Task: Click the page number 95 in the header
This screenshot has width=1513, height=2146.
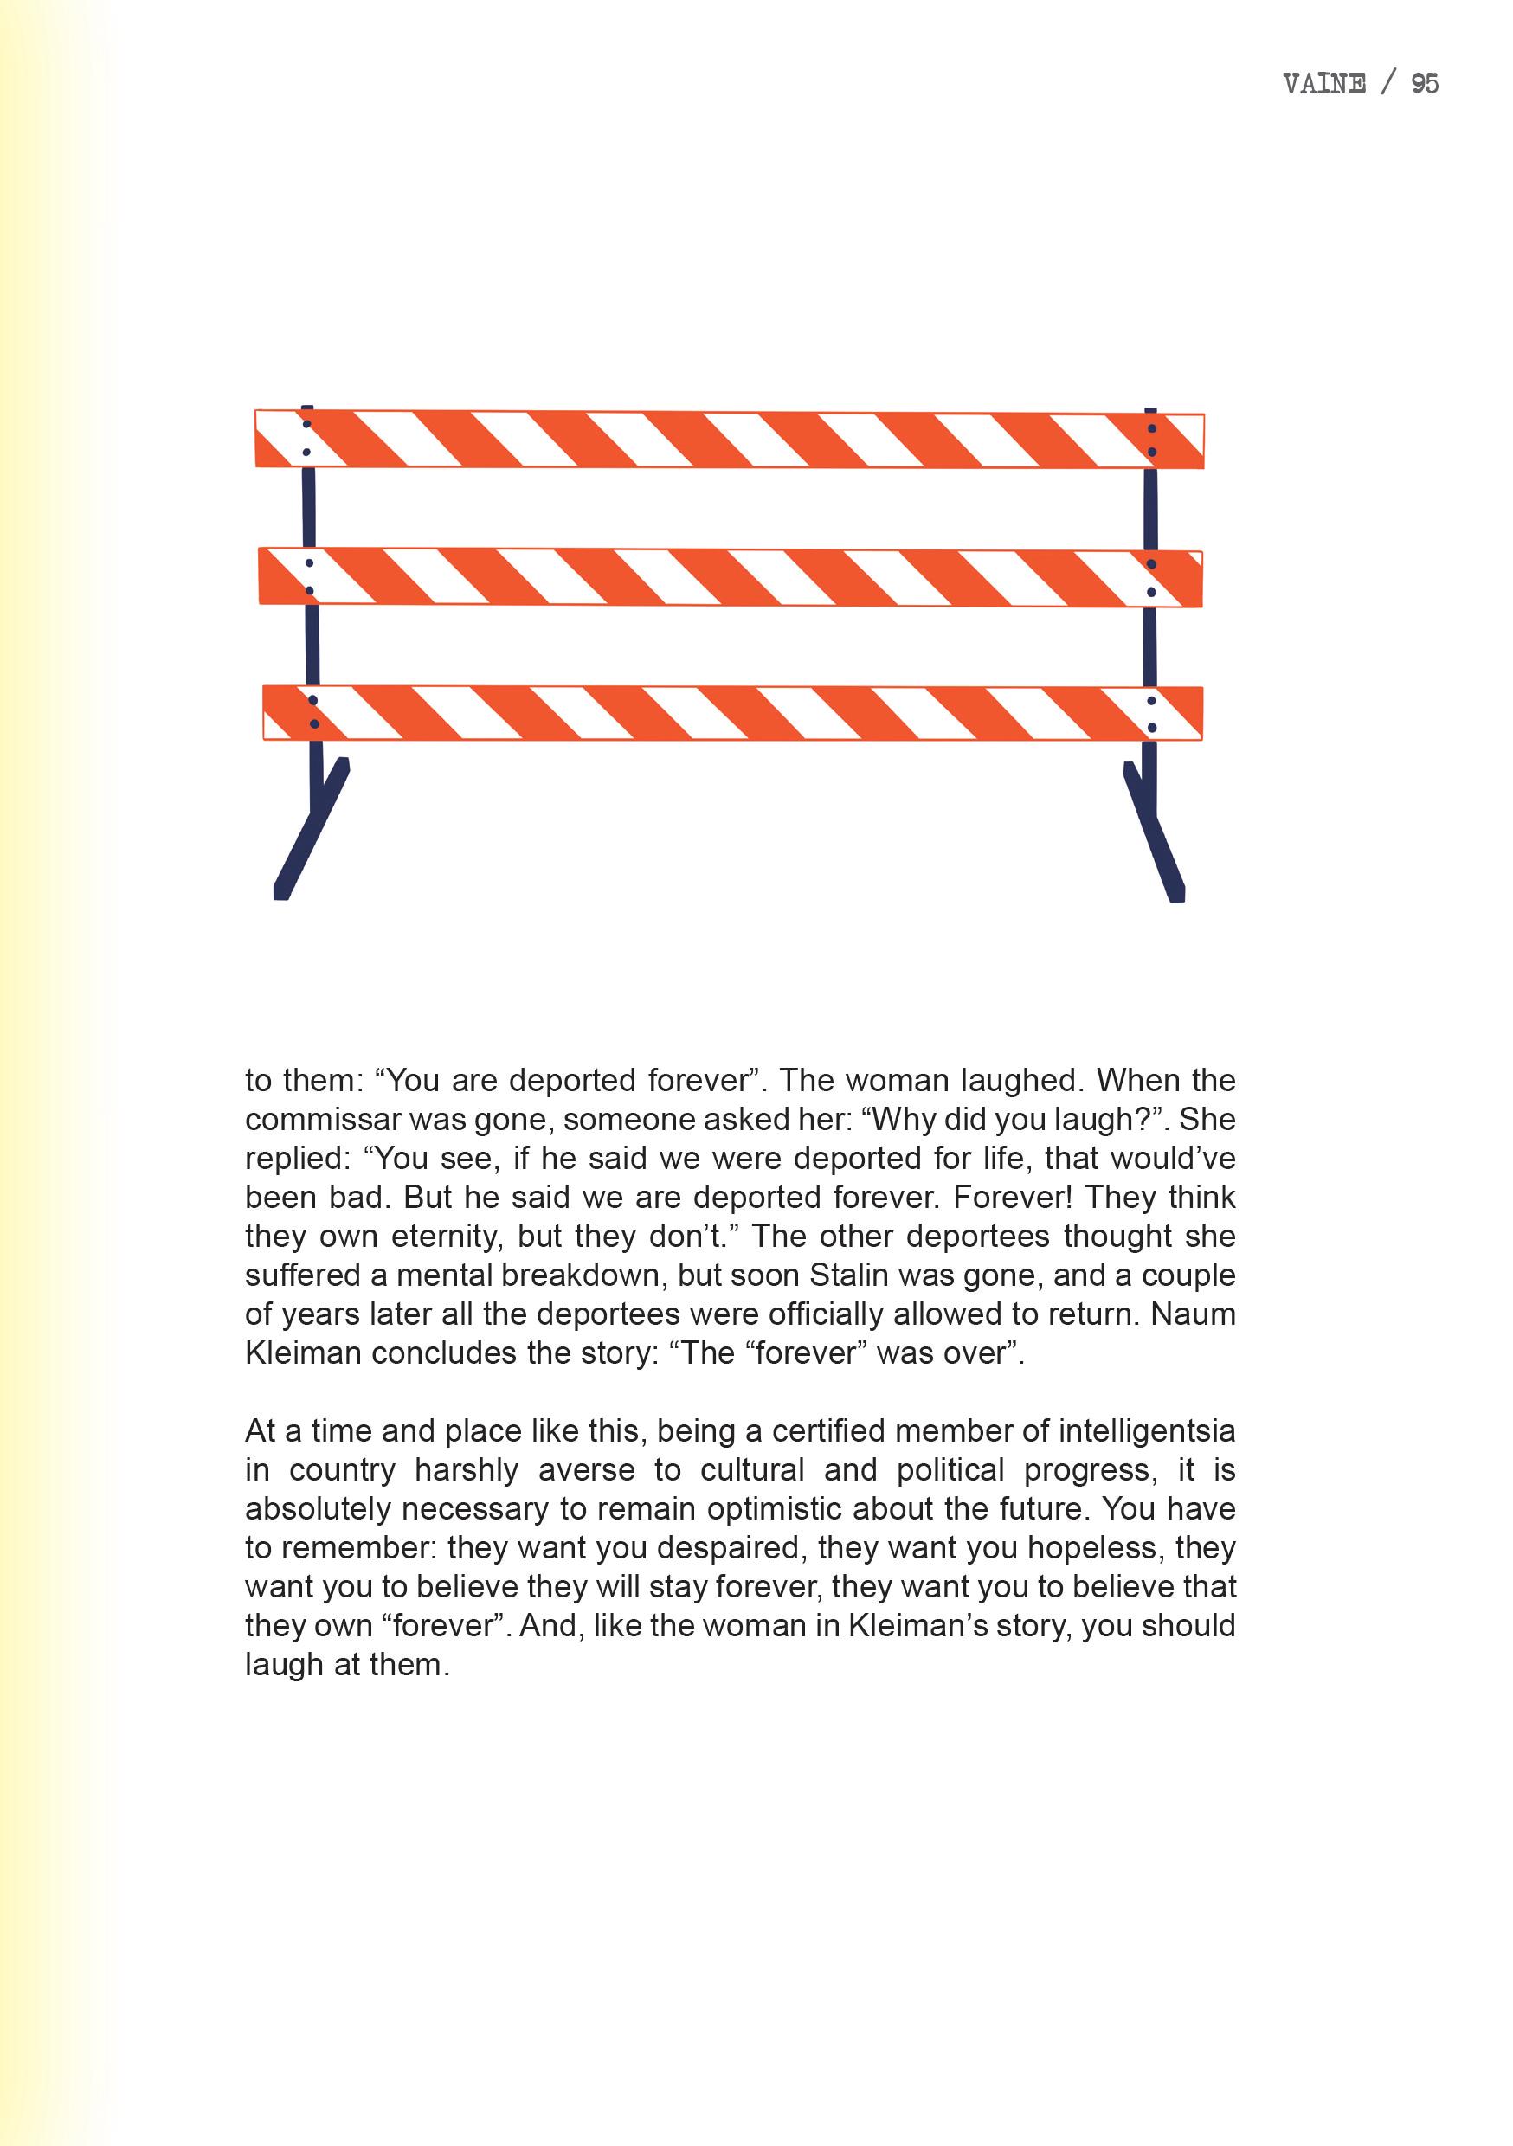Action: coord(1424,84)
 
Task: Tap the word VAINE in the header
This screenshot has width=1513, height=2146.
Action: coord(1324,84)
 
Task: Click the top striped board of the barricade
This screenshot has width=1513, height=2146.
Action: coord(730,439)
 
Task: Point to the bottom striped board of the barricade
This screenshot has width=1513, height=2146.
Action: coord(730,713)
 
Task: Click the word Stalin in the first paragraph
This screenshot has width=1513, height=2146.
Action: coord(848,1275)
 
